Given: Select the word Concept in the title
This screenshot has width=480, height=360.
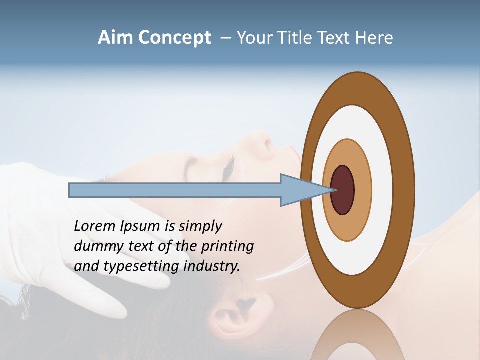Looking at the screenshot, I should click(x=175, y=38).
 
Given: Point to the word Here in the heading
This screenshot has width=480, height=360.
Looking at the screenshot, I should click(x=374, y=38).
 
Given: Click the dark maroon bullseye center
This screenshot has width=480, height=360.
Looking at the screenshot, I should click(x=343, y=190).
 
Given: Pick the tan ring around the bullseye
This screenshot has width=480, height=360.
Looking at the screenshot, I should click(x=362, y=190).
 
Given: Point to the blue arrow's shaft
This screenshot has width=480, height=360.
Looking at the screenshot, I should click(x=175, y=190).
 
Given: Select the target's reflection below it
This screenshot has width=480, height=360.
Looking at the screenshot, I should click(x=357, y=337).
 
